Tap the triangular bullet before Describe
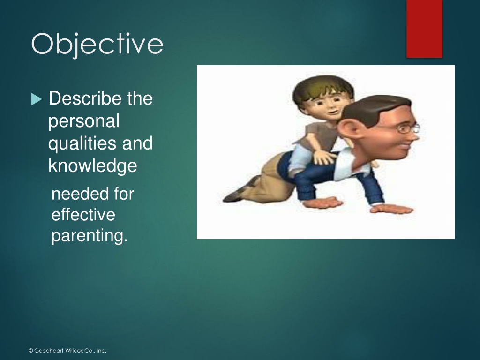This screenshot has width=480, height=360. [x=37, y=99]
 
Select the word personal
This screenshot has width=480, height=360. [x=83, y=121]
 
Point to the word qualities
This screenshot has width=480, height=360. [x=82, y=143]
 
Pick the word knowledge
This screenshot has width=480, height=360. [x=92, y=165]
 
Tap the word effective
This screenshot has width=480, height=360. [x=83, y=214]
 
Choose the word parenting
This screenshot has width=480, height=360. [x=90, y=236]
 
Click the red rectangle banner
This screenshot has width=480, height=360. [x=424, y=29]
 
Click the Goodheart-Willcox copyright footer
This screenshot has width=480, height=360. [x=67, y=351]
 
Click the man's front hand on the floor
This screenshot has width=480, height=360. [x=392, y=209]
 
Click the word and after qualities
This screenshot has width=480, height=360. [x=137, y=143]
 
